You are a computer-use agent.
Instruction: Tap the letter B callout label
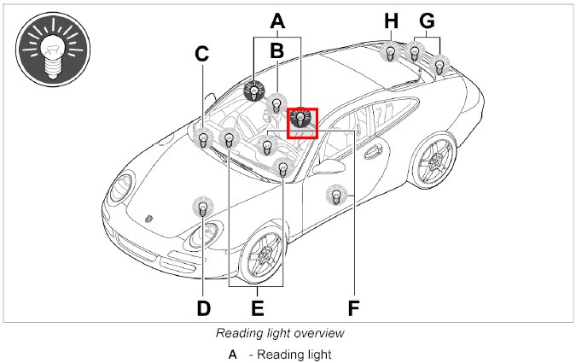276,50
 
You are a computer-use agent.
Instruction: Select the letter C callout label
202,54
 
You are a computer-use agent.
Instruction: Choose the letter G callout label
428,19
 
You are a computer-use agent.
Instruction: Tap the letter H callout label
391,19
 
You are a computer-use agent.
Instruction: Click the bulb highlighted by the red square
302,120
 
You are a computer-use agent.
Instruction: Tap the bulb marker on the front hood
202,207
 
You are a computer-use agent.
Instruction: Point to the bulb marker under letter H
390,52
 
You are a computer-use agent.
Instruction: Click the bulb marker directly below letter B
276,105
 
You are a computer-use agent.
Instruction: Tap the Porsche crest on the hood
150,218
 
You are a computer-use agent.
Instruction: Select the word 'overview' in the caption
320,333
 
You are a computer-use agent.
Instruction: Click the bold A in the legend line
232,354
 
